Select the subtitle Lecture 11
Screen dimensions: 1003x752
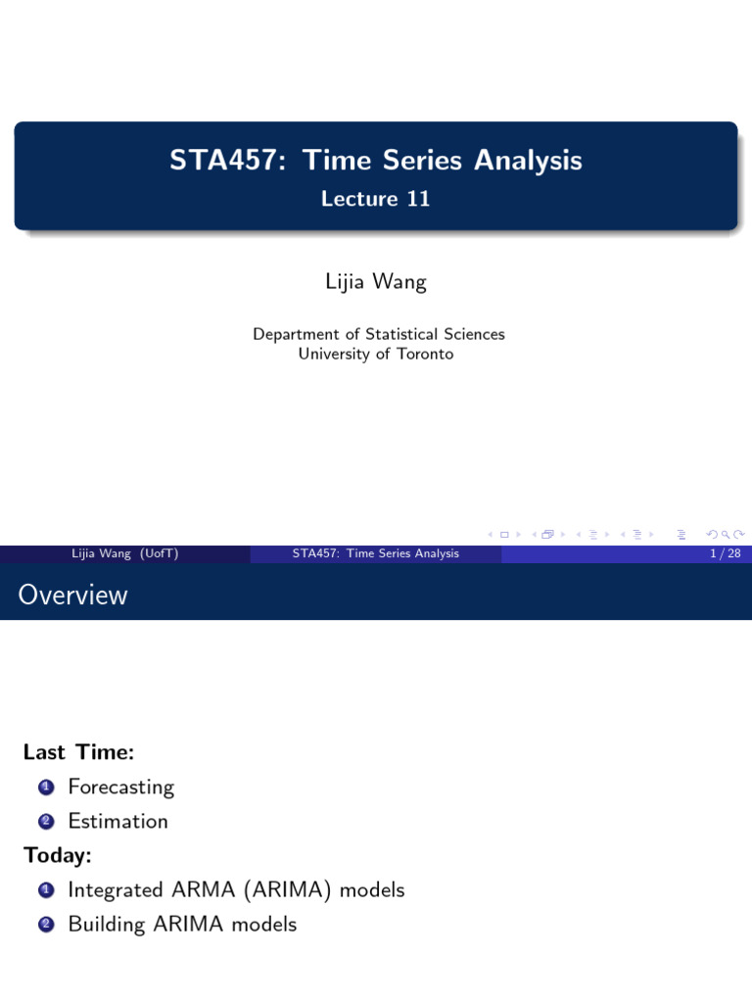click(x=376, y=199)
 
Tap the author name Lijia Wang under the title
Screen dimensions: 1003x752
click(x=376, y=283)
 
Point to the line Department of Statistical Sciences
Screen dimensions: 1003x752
click(x=378, y=334)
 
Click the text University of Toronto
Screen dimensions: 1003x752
click(x=376, y=354)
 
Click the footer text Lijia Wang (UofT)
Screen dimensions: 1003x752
click(x=124, y=553)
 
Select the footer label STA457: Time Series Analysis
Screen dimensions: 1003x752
click(x=376, y=553)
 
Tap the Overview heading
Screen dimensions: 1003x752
click(x=72, y=595)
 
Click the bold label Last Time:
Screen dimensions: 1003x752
click(x=78, y=752)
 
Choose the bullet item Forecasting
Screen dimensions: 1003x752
click(x=120, y=788)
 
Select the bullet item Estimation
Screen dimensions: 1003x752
click(x=117, y=821)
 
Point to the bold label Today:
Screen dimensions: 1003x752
click(x=58, y=855)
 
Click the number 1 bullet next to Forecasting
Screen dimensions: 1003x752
click(x=46, y=788)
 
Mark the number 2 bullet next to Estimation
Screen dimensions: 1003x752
click(x=46, y=822)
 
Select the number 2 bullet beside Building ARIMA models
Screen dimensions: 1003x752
click(x=46, y=925)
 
